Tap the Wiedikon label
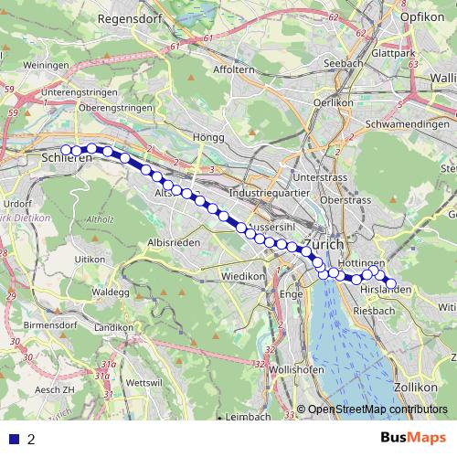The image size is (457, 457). [x=243, y=275]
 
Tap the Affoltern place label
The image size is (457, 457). [x=233, y=69]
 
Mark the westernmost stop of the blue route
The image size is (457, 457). [x=66, y=150]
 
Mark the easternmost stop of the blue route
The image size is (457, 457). [x=391, y=284]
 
